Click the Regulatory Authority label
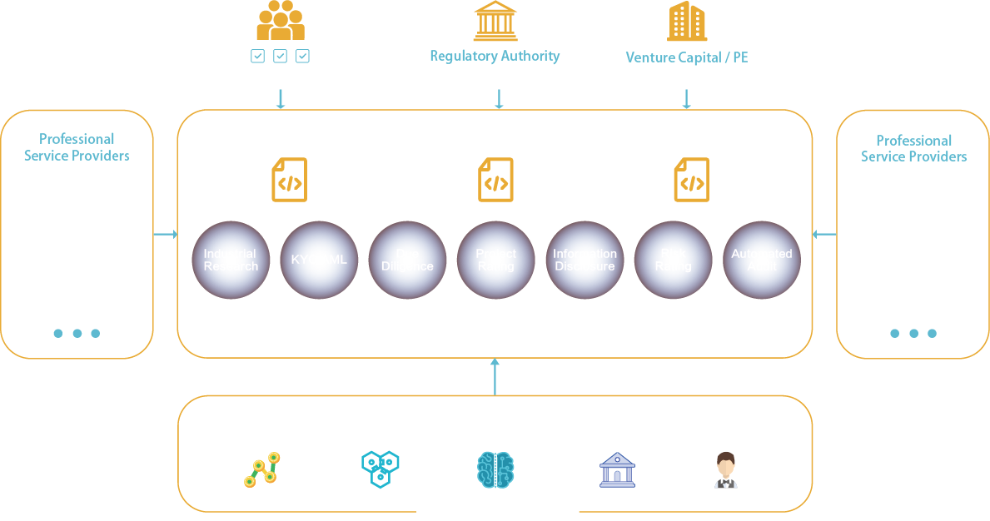(x=495, y=57)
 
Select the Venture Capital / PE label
(x=686, y=58)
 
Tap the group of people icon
(x=280, y=21)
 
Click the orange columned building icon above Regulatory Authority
(x=495, y=21)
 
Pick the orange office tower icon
(x=687, y=21)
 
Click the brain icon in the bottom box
(x=495, y=470)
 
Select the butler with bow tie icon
(x=726, y=470)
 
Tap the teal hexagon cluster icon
(x=381, y=469)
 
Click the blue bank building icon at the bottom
(x=617, y=470)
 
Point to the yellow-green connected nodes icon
(x=261, y=470)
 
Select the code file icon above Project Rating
(x=495, y=180)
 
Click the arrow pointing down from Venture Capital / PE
(x=687, y=99)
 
